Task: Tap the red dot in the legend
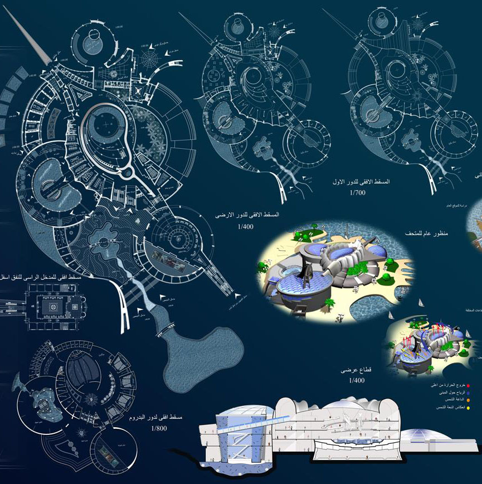tap(469, 385)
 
